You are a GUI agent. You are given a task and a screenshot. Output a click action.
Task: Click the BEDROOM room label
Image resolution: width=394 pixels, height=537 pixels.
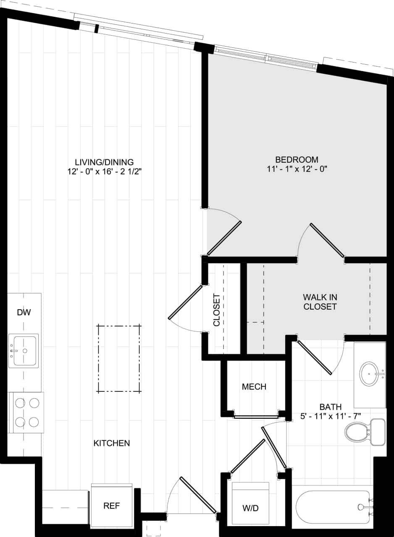297,160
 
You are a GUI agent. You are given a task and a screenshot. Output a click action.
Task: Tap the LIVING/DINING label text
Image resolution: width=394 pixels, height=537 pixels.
104,162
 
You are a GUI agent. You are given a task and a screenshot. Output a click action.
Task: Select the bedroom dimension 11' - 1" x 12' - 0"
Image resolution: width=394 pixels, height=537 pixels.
297,169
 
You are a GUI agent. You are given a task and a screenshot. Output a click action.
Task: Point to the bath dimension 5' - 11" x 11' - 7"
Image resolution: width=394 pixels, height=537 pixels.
331,416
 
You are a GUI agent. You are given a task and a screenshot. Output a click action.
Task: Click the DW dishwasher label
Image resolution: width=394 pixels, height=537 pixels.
24,312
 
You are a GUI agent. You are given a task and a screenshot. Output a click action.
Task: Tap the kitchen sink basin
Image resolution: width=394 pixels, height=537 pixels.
25,350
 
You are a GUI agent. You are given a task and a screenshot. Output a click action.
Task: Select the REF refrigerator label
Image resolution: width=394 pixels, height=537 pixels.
112,506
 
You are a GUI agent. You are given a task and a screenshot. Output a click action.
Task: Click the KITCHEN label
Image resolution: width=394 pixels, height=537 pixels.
111,443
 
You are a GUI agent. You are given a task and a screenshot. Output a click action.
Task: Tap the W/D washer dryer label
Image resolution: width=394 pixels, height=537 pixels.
250,508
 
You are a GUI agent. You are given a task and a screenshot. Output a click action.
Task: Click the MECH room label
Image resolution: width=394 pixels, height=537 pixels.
254,387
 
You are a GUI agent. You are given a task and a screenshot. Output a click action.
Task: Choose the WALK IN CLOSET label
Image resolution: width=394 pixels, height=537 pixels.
320,302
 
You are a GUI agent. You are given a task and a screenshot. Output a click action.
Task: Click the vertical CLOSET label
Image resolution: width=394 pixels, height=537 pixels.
217,310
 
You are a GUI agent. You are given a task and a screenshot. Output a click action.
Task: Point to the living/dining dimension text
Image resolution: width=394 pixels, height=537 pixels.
104,171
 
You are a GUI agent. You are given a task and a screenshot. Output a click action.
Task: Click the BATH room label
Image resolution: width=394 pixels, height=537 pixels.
331,407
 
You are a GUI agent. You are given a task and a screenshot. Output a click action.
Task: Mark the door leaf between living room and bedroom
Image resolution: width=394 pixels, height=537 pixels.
224,238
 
